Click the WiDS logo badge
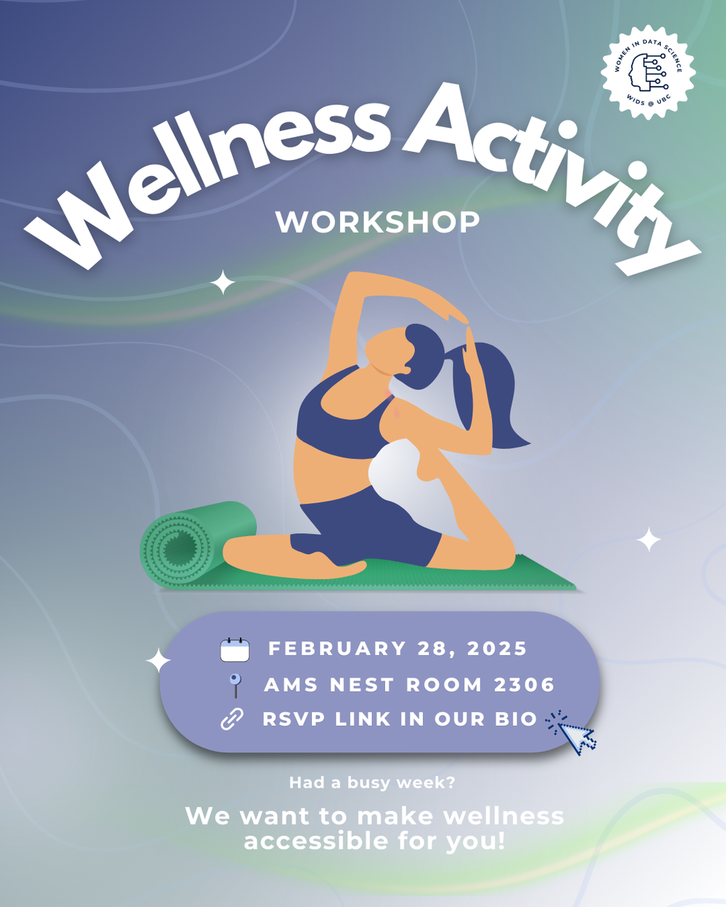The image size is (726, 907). click(x=648, y=73)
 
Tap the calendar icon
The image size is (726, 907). click(x=235, y=649)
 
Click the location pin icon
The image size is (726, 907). click(x=235, y=685)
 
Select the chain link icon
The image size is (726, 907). click(x=233, y=719)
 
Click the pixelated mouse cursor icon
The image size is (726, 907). click(x=573, y=732)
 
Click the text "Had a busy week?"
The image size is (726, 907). click(x=373, y=782)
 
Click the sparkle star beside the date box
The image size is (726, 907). click(x=158, y=661)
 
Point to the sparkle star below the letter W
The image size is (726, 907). click(x=222, y=282)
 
